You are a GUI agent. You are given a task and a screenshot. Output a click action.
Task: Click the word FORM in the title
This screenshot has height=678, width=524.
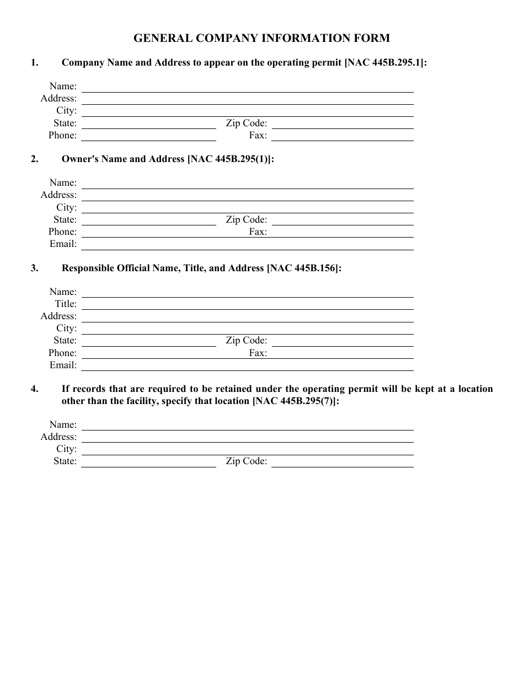coord(373,38)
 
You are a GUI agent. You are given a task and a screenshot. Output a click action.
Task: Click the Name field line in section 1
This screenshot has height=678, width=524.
coord(247,88)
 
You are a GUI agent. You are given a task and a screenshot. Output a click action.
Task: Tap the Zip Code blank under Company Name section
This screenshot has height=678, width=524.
coord(342,125)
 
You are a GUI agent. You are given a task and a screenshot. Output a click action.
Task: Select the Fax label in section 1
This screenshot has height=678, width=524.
coord(258,135)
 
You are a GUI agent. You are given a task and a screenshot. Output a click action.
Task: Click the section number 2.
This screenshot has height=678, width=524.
coord(34,159)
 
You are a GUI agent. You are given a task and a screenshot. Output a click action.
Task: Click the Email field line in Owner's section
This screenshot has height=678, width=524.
coord(247,245)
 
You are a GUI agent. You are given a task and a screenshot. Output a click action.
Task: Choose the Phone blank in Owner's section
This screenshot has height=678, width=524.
coord(148,233)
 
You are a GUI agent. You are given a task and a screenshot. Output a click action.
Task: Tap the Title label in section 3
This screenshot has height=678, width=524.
coord(66,304)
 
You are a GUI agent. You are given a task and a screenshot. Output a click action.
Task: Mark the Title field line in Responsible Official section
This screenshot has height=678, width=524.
coord(247,305)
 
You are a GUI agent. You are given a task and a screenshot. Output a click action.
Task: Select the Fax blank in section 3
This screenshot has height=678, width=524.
coord(342,354)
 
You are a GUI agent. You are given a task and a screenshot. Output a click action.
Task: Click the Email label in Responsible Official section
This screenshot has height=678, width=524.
coord(63,365)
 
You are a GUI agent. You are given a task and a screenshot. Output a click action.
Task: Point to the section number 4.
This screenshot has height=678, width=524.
coord(34,389)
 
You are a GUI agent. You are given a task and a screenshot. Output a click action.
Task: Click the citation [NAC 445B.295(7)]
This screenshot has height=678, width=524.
coord(296,401)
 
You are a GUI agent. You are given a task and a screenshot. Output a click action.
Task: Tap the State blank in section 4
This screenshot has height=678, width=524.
coord(148,462)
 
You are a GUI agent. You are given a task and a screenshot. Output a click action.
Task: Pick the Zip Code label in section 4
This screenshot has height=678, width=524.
coord(246,461)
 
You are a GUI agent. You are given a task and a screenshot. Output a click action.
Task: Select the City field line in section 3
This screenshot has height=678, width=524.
coord(247,330)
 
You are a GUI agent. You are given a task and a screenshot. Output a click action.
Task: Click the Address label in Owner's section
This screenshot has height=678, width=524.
coord(58,195)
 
